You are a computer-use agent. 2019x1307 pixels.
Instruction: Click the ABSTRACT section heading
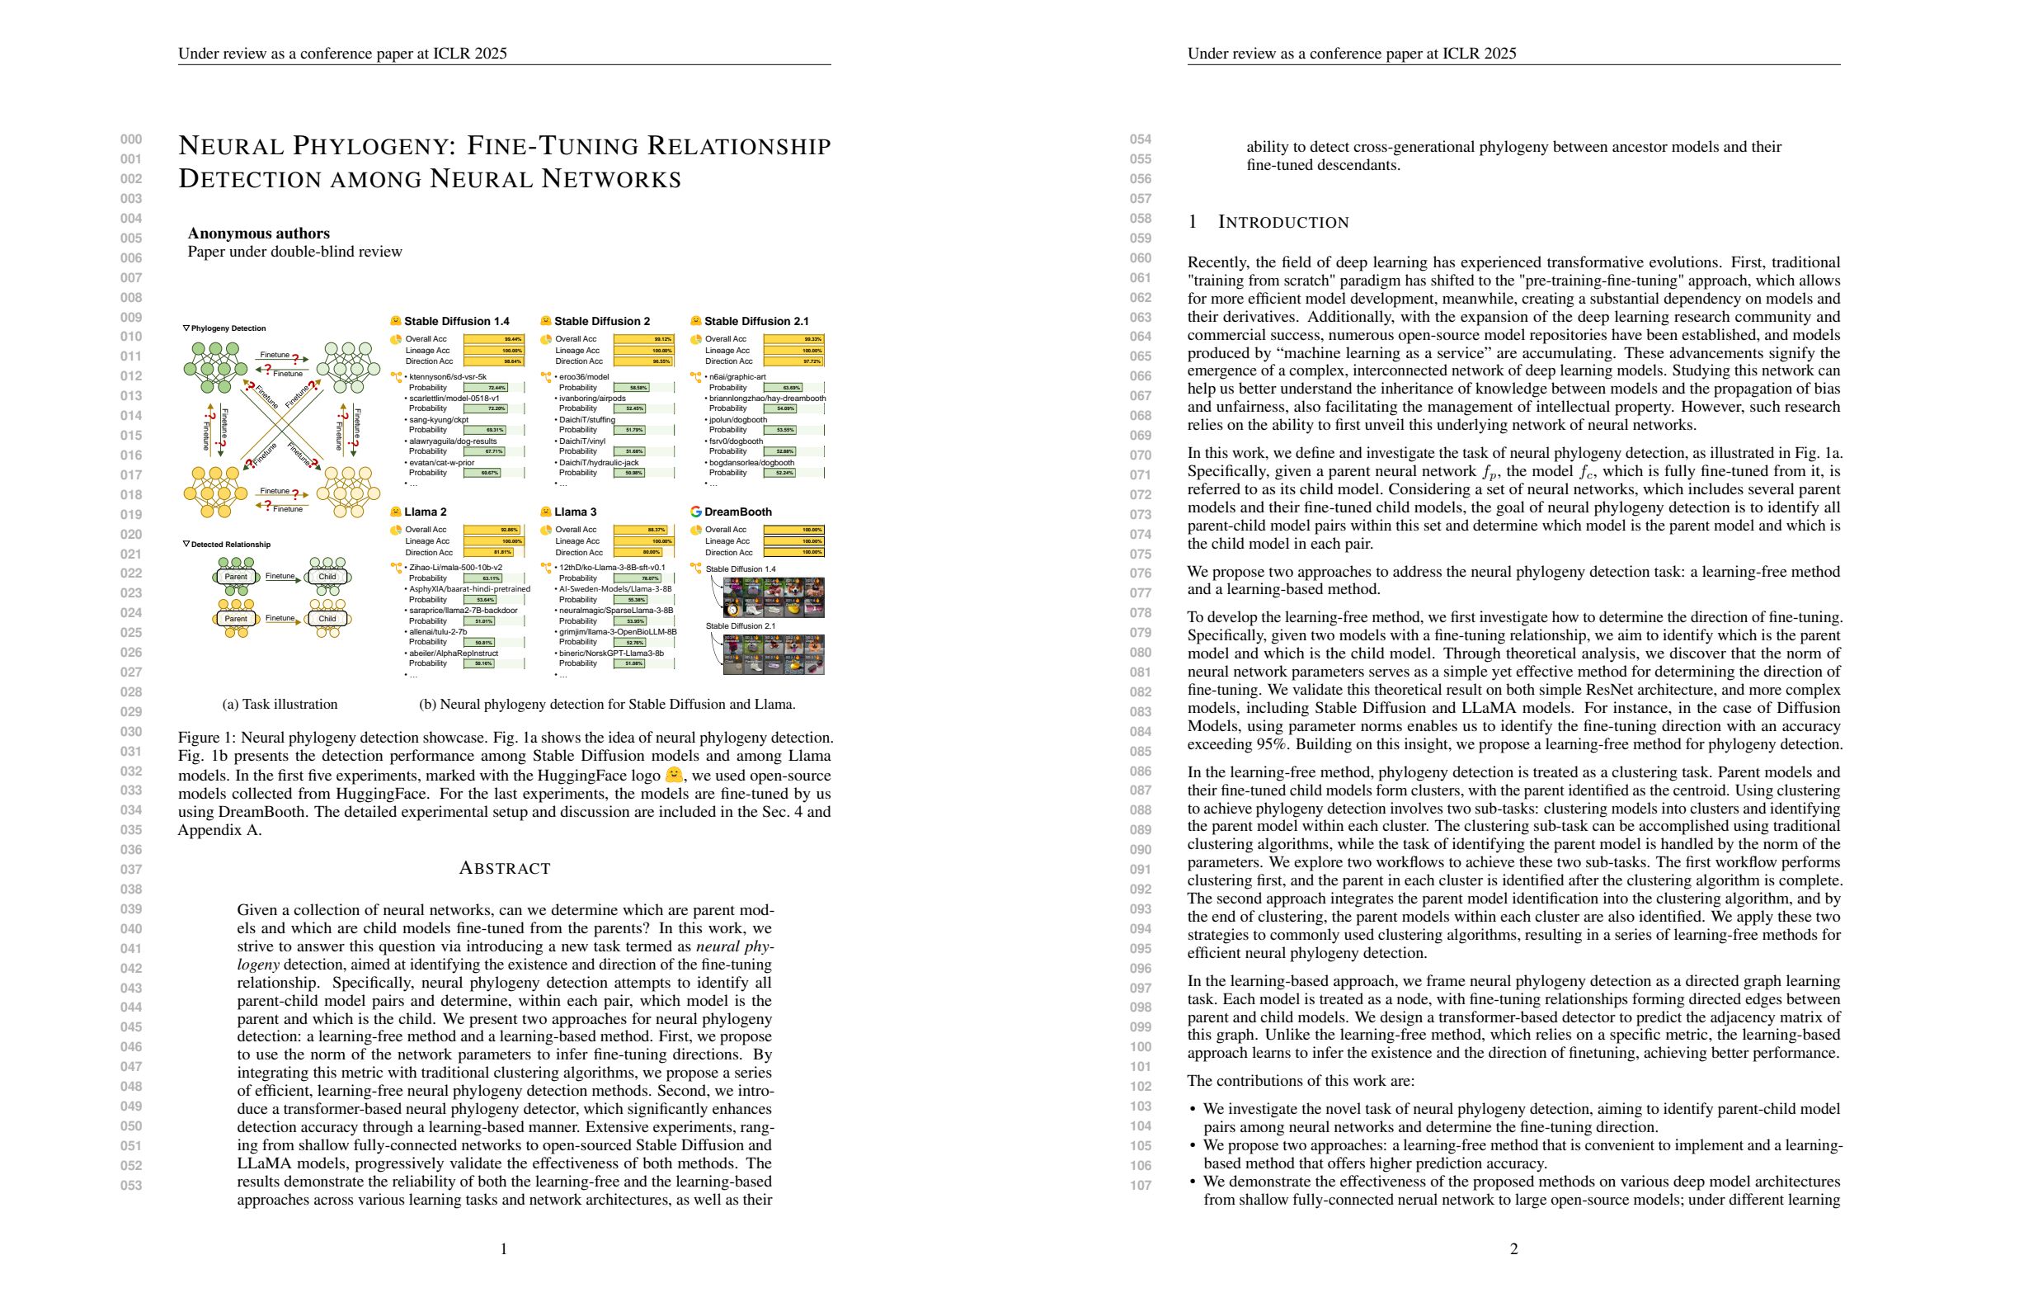click(x=504, y=868)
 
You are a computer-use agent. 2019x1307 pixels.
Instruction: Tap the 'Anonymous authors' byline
click(x=259, y=234)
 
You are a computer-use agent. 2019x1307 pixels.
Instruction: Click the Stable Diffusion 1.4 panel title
click(x=456, y=321)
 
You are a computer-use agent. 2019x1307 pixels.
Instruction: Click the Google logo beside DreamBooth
click(x=695, y=512)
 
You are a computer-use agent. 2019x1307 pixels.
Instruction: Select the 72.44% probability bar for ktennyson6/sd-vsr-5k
click(x=493, y=388)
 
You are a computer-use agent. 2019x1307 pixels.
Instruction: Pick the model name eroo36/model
click(x=585, y=377)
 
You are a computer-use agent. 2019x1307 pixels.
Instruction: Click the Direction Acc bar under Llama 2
click(x=493, y=553)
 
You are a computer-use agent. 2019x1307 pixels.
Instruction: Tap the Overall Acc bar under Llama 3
click(x=643, y=530)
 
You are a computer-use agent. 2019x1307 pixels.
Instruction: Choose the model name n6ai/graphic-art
click(x=737, y=377)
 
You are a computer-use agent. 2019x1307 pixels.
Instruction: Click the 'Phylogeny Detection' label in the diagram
click(x=228, y=328)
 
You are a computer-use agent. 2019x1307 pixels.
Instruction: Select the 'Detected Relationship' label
click(x=231, y=545)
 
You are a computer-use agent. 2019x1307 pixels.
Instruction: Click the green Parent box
click(x=236, y=577)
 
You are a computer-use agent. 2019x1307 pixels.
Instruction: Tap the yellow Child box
click(x=327, y=619)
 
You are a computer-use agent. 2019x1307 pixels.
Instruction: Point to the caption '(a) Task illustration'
click(x=280, y=705)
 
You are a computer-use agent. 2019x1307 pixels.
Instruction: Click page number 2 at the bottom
click(x=1513, y=1248)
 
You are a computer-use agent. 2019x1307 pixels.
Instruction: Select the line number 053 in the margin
click(x=130, y=1186)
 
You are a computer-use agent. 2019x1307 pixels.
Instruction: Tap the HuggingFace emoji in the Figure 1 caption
click(x=674, y=775)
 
